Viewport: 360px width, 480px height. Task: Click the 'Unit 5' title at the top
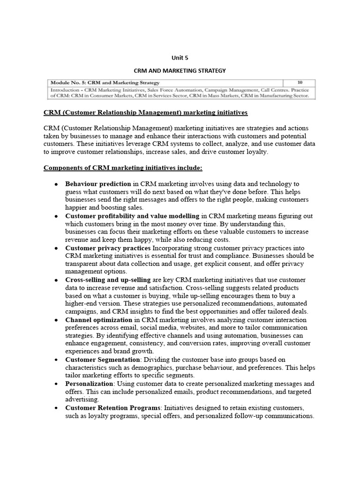pyautogui.click(x=180, y=58)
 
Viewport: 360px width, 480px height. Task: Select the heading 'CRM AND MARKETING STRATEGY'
pyautogui.click(x=180, y=71)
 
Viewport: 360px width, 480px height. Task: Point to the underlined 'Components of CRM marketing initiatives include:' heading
pyautogui.click(x=123, y=168)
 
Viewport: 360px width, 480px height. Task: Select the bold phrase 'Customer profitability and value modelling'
pyautogui.click(x=132, y=216)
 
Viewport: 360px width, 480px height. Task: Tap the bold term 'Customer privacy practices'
pyautogui.click(x=108, y=247)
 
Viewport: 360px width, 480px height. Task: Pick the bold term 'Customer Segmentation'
pyautogui.click(x=102, y=360)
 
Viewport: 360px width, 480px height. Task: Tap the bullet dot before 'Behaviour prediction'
pyautogui.click(x=56, y=184)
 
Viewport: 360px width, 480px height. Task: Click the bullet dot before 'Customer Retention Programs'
pyautogui.click(x=56, y=408)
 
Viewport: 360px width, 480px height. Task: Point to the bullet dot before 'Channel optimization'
pyautogui.click(x=56, y=320)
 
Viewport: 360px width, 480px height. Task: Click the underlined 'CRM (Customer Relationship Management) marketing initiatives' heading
pyautogui.click(x=145, y=113)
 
